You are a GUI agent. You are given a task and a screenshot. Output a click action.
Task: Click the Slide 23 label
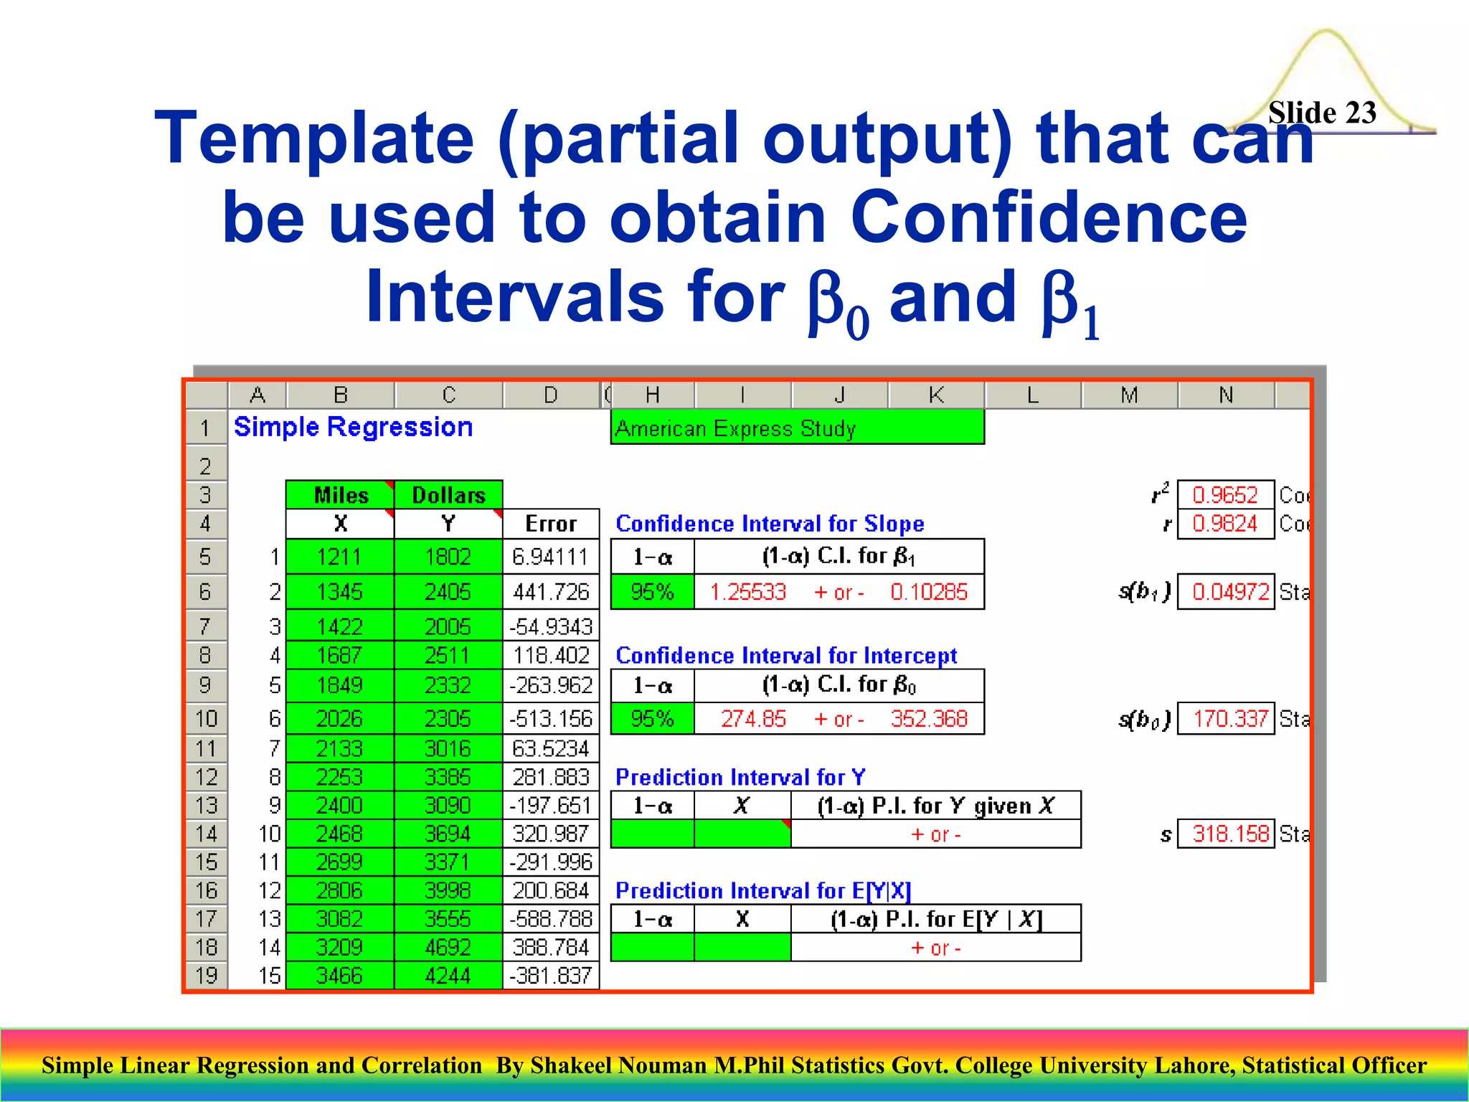[1321, 113]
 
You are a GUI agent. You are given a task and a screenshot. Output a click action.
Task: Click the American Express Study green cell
[796, 428]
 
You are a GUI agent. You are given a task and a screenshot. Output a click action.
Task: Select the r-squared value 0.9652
[1224, 495]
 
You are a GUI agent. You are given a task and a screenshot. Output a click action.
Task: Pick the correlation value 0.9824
[1224, 524]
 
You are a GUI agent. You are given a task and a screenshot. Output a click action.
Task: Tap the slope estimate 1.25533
[747, 593]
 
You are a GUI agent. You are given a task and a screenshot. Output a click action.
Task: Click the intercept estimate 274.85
[752, 719]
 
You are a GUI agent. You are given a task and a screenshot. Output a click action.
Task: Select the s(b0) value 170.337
[1229, 719]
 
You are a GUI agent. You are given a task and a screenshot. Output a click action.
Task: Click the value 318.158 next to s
[1229, 834]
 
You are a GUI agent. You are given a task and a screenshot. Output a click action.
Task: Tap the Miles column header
[341, 495]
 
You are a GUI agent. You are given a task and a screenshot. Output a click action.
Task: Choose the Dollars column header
[448, 495]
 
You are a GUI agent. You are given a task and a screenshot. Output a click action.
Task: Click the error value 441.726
[550, 593]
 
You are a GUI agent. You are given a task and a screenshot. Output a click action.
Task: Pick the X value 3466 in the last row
[339, 976]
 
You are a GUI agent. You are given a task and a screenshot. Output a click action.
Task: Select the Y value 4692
[448, 947]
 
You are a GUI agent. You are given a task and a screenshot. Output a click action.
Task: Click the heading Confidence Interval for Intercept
[785, 656]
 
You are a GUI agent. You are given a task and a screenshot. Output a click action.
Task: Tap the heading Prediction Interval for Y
[740, 777]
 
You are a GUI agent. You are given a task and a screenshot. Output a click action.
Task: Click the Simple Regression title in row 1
[353, 428]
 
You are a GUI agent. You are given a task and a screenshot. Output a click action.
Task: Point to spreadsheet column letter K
[935, 395]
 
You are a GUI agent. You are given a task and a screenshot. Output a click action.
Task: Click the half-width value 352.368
[928, 719]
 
